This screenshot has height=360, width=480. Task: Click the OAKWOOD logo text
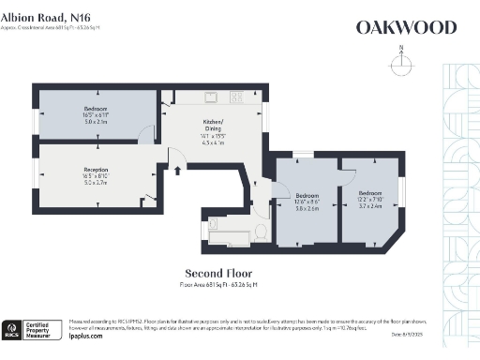coord(406,27)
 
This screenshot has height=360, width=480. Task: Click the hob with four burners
coord(236,96)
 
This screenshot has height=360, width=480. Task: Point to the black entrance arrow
coord(178,170)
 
